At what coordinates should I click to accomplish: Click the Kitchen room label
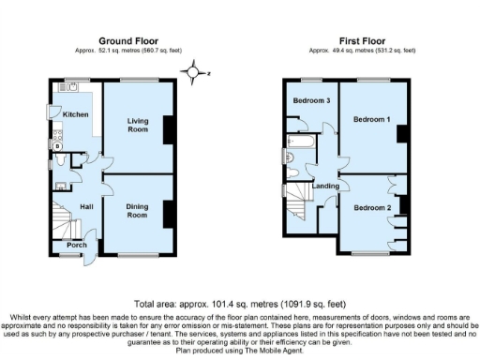[x=76, y=114]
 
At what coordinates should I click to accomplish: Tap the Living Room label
[x=138, y=126]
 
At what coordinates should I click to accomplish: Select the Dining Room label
[x=137, y=212]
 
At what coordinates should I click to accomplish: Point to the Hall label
[x=86, y=207]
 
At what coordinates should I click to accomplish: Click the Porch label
[x=76, y=245]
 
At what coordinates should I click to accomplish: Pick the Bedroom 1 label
[x=371, y=120]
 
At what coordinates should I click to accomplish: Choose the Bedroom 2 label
[x=372, y=207]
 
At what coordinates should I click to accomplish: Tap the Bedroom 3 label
[x=311, y=100]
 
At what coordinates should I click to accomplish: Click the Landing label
[x=325, y=187]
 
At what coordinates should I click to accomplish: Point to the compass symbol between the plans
[x=193, y=70]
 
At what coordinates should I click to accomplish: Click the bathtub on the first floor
[x=302, y=143]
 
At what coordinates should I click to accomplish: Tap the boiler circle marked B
[x=58, y=146]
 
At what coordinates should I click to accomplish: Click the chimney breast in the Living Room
[x=169, y=127]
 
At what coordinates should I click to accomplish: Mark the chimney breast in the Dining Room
[x=169, y=214]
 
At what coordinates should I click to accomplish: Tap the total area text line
[x=239, y=305]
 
